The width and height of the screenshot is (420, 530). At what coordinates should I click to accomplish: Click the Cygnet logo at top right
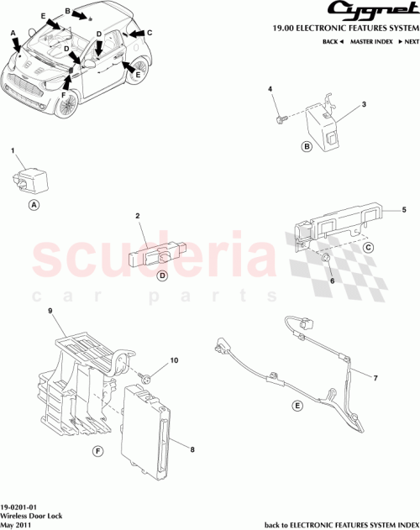pos(375,11)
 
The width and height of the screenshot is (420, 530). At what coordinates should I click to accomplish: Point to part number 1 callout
pos(13,150)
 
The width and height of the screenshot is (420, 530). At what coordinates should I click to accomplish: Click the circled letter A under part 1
pos(34,204)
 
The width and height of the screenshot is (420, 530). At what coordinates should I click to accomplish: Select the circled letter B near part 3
pos(307,147)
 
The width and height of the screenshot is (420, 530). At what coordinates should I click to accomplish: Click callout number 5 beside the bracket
pos(404,209)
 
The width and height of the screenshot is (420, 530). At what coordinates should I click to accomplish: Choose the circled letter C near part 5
pos(367,248)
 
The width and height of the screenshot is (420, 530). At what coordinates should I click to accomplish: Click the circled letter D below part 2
pos(163,275)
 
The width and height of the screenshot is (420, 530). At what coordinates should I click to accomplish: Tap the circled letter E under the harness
pos(297,406)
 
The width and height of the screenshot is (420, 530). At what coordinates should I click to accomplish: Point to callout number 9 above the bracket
pos(50,312)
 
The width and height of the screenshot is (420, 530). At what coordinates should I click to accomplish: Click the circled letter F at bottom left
pos(97,452)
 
